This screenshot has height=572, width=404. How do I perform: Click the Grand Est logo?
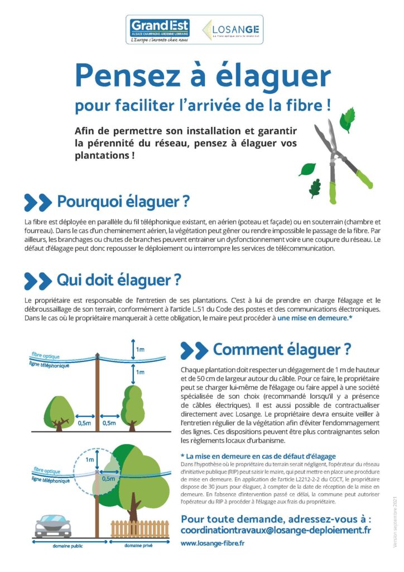coord(160,29)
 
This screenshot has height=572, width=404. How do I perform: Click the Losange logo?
coord(231,30)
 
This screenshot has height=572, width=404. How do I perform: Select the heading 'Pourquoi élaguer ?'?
coord(123,201)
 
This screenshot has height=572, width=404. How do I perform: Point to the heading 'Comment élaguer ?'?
coord(282,350)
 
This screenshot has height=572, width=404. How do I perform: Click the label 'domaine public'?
coord(65,546)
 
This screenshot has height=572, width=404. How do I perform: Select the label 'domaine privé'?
coord(139,546)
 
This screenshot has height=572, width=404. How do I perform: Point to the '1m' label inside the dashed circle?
coord(90,459)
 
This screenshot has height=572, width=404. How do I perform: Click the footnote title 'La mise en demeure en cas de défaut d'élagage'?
coord(261,456)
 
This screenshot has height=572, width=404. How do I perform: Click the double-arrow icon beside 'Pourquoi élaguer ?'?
coord(38,201)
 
